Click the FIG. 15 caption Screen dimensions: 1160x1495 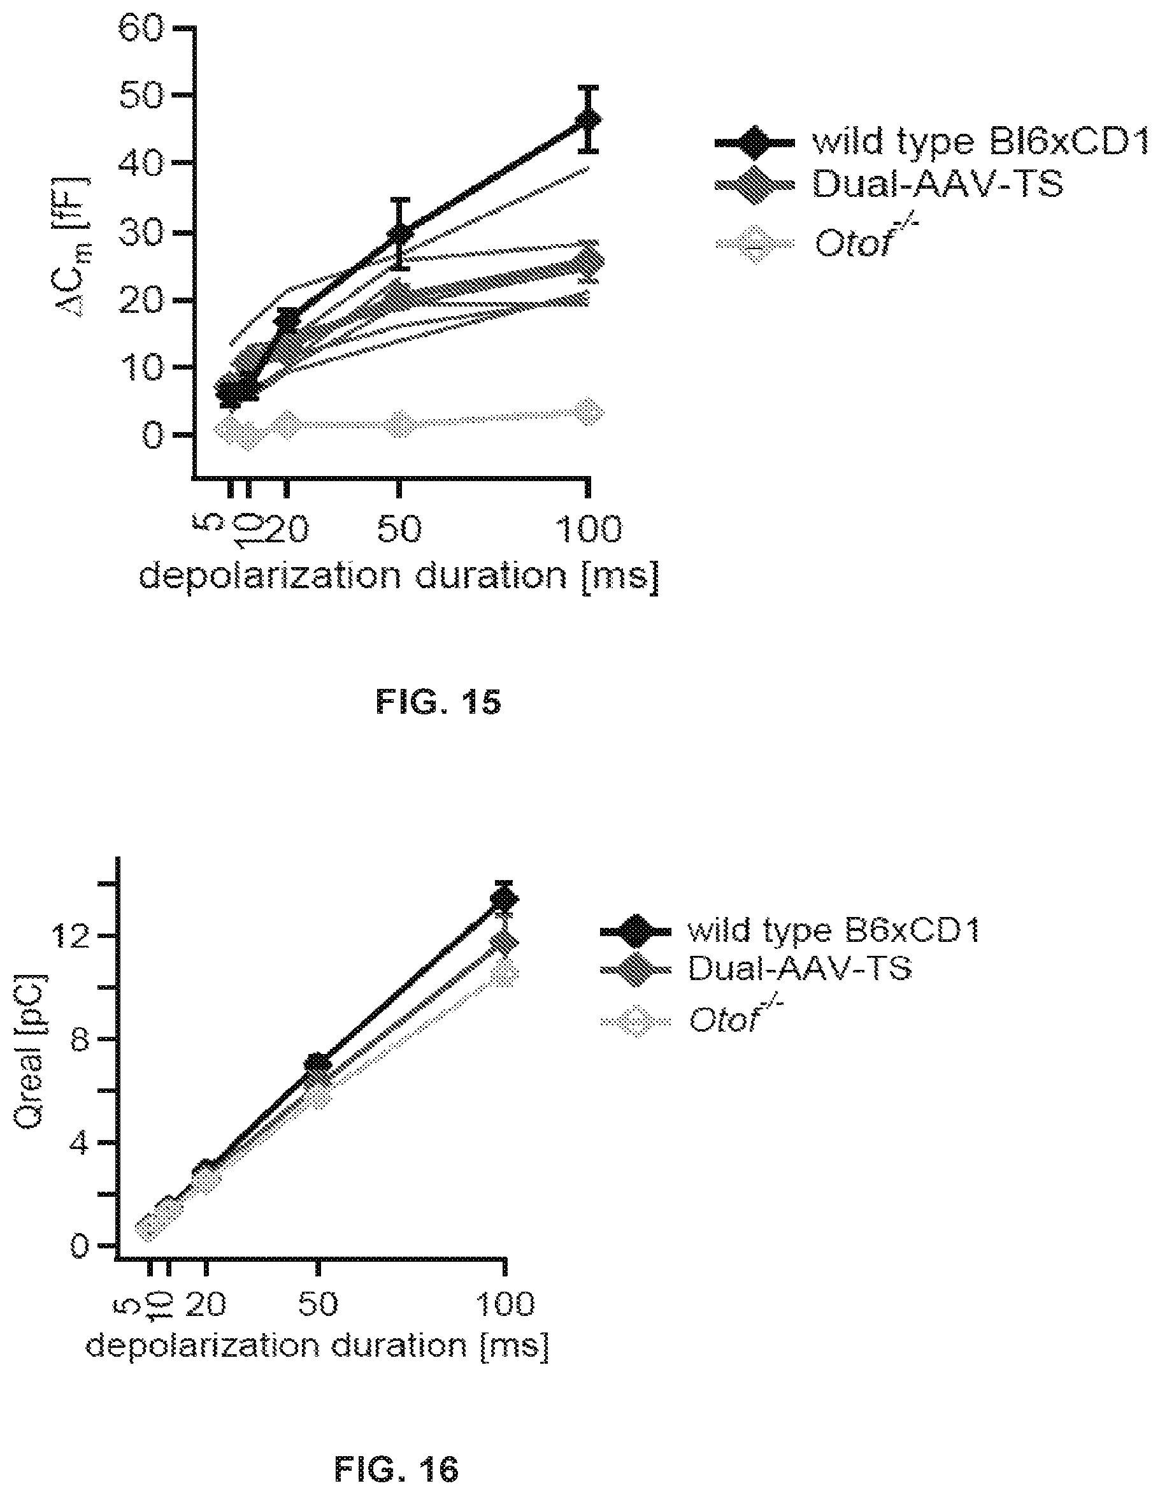439,702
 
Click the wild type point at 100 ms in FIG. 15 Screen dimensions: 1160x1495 588,120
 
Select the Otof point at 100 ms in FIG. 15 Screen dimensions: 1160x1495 588,412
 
